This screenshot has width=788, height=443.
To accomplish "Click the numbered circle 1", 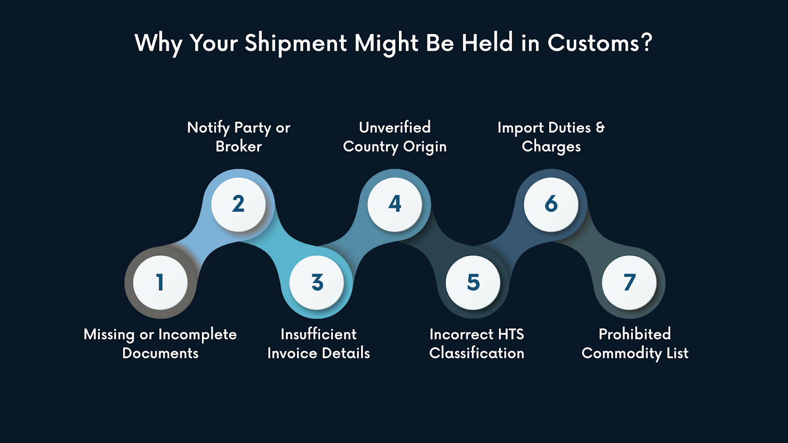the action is (160, 283).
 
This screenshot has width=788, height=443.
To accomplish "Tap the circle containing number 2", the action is (238, 204).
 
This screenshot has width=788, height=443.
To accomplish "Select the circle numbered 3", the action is (317, 283).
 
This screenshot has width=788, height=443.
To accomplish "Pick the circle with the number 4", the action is (395, 204).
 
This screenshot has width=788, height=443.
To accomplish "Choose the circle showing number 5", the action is (473, 283).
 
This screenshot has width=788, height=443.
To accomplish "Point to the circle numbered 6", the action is (551, 204).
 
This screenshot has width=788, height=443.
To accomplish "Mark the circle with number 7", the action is (629, 283).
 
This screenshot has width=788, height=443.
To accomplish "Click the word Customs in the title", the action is (593, 43).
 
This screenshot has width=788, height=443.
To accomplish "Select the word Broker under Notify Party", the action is (238, 146).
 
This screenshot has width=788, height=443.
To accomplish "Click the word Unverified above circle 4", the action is (395, 127).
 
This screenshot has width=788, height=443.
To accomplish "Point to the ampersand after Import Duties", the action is (600, 127).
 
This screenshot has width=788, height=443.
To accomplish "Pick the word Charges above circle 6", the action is (551, 147).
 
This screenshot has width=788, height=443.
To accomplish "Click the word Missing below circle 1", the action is (109, 335).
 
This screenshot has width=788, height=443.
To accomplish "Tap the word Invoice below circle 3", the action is (292, 353).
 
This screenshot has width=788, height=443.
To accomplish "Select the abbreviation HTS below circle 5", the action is (511, 334).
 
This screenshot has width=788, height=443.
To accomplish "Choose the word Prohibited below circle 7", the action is (634, 334).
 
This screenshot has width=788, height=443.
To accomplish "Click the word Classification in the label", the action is (476, 353).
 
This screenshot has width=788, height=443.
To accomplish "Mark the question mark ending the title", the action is (647, 43).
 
